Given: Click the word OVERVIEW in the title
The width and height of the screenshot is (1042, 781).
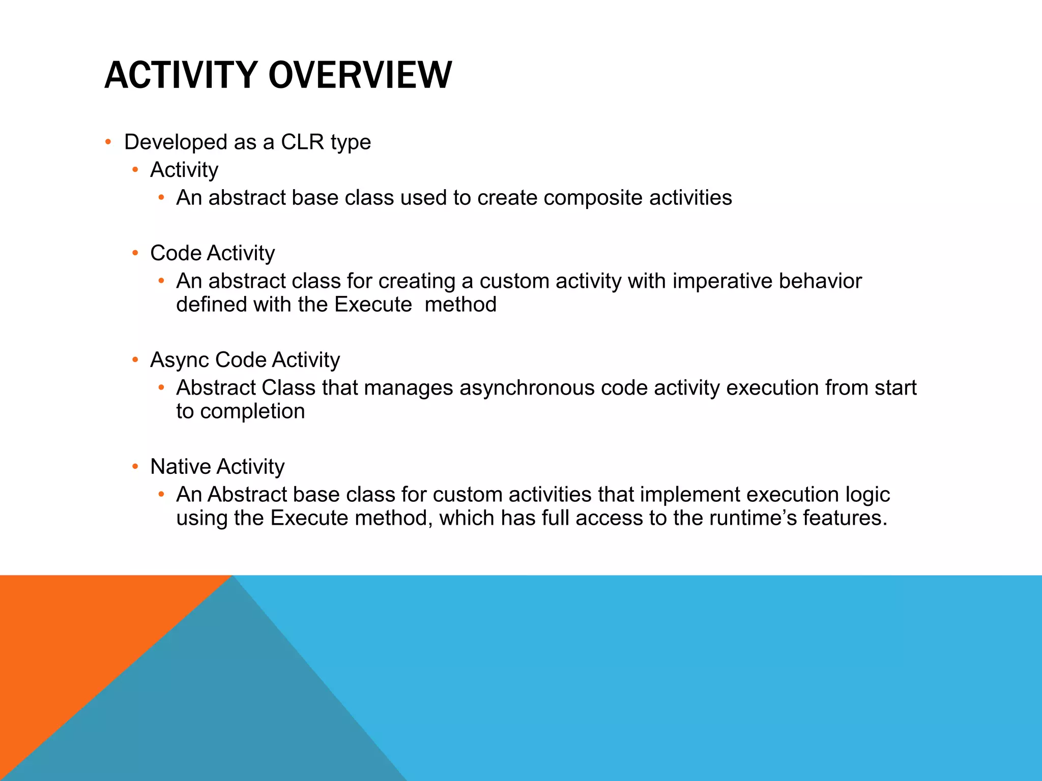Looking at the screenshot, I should click(360, 75).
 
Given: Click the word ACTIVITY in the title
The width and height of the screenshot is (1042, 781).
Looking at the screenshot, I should click(181, 75).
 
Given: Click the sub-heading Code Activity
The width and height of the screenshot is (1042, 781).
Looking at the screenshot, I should click(212, 253).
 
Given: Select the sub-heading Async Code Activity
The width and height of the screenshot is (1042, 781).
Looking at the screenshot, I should click(245, 360).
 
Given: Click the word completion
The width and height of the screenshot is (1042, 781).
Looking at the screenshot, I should click(252, 411).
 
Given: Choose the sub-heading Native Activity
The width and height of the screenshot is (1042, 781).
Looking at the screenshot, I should click(217, 467).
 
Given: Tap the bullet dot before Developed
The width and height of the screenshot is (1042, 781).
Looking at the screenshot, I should click(108, 142).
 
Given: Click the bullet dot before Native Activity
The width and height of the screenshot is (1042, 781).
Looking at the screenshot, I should click(135, 466).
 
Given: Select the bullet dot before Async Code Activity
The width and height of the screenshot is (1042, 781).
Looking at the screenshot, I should click(135, 360).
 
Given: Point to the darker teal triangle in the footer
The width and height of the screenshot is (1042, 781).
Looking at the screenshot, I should click(229, 712).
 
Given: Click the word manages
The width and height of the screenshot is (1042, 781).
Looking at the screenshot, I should click(408, 388).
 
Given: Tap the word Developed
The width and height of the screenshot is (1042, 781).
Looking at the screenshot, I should click(175, 142).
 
